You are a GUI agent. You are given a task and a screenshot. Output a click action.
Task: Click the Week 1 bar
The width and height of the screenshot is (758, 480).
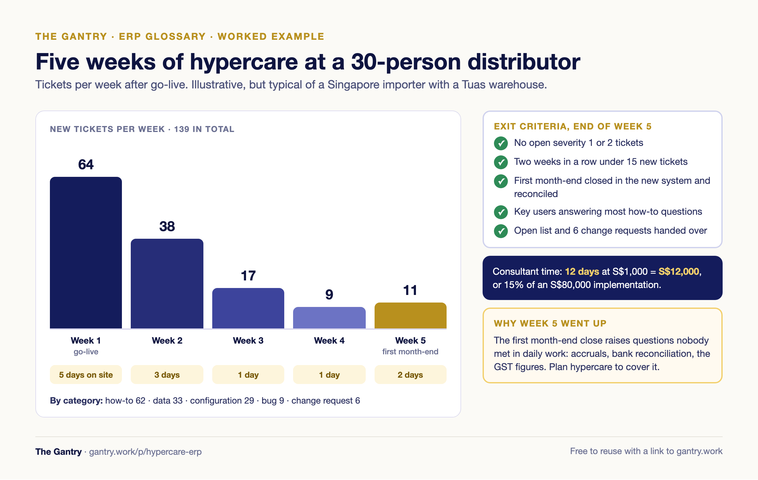click(86, 253)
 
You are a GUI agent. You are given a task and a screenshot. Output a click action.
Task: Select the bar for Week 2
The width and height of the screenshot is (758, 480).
click(167, 284)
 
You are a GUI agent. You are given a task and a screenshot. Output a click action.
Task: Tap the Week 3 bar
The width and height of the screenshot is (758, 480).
click(248, 308)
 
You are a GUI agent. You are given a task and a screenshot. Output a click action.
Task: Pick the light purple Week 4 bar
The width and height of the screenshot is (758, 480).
click(329, 318)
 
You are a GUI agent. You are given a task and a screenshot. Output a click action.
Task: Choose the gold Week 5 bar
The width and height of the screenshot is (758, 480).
click(411, 315)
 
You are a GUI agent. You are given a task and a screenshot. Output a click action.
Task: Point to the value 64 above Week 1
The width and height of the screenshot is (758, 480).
click(86, 165)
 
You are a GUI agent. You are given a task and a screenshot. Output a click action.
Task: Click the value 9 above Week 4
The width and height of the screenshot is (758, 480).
click(329, 295)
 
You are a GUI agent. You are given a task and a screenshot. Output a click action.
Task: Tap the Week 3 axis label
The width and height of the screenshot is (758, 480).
click(248, 340)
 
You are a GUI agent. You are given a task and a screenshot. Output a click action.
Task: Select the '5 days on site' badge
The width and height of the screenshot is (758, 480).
click(86, 375)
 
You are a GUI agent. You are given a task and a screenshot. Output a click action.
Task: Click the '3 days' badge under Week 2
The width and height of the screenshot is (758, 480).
click(167, 375)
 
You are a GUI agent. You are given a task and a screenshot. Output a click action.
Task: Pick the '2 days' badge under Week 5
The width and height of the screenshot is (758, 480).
click(411, 375)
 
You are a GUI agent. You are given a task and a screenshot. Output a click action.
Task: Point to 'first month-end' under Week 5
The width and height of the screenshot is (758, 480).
click(410, 352)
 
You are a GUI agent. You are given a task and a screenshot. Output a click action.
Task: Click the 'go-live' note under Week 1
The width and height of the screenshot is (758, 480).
click(86, 352)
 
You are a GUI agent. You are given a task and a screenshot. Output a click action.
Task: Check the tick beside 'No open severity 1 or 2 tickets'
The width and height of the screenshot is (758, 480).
click(501, 143)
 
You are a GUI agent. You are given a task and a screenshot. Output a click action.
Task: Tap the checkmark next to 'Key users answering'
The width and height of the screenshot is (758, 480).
click(501, 212)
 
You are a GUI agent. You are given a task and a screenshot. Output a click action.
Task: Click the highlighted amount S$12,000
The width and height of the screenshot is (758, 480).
click(679, 272)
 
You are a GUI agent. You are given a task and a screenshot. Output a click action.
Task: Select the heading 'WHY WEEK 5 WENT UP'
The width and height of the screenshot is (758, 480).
click(550, 323)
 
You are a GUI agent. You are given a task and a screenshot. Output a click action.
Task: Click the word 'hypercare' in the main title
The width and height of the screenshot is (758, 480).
click(244, 63)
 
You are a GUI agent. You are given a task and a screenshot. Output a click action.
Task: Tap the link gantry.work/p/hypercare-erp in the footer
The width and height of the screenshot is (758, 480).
click(145, 452)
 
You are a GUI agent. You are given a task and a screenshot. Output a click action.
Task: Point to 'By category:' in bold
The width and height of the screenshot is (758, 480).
click(76, 401)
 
